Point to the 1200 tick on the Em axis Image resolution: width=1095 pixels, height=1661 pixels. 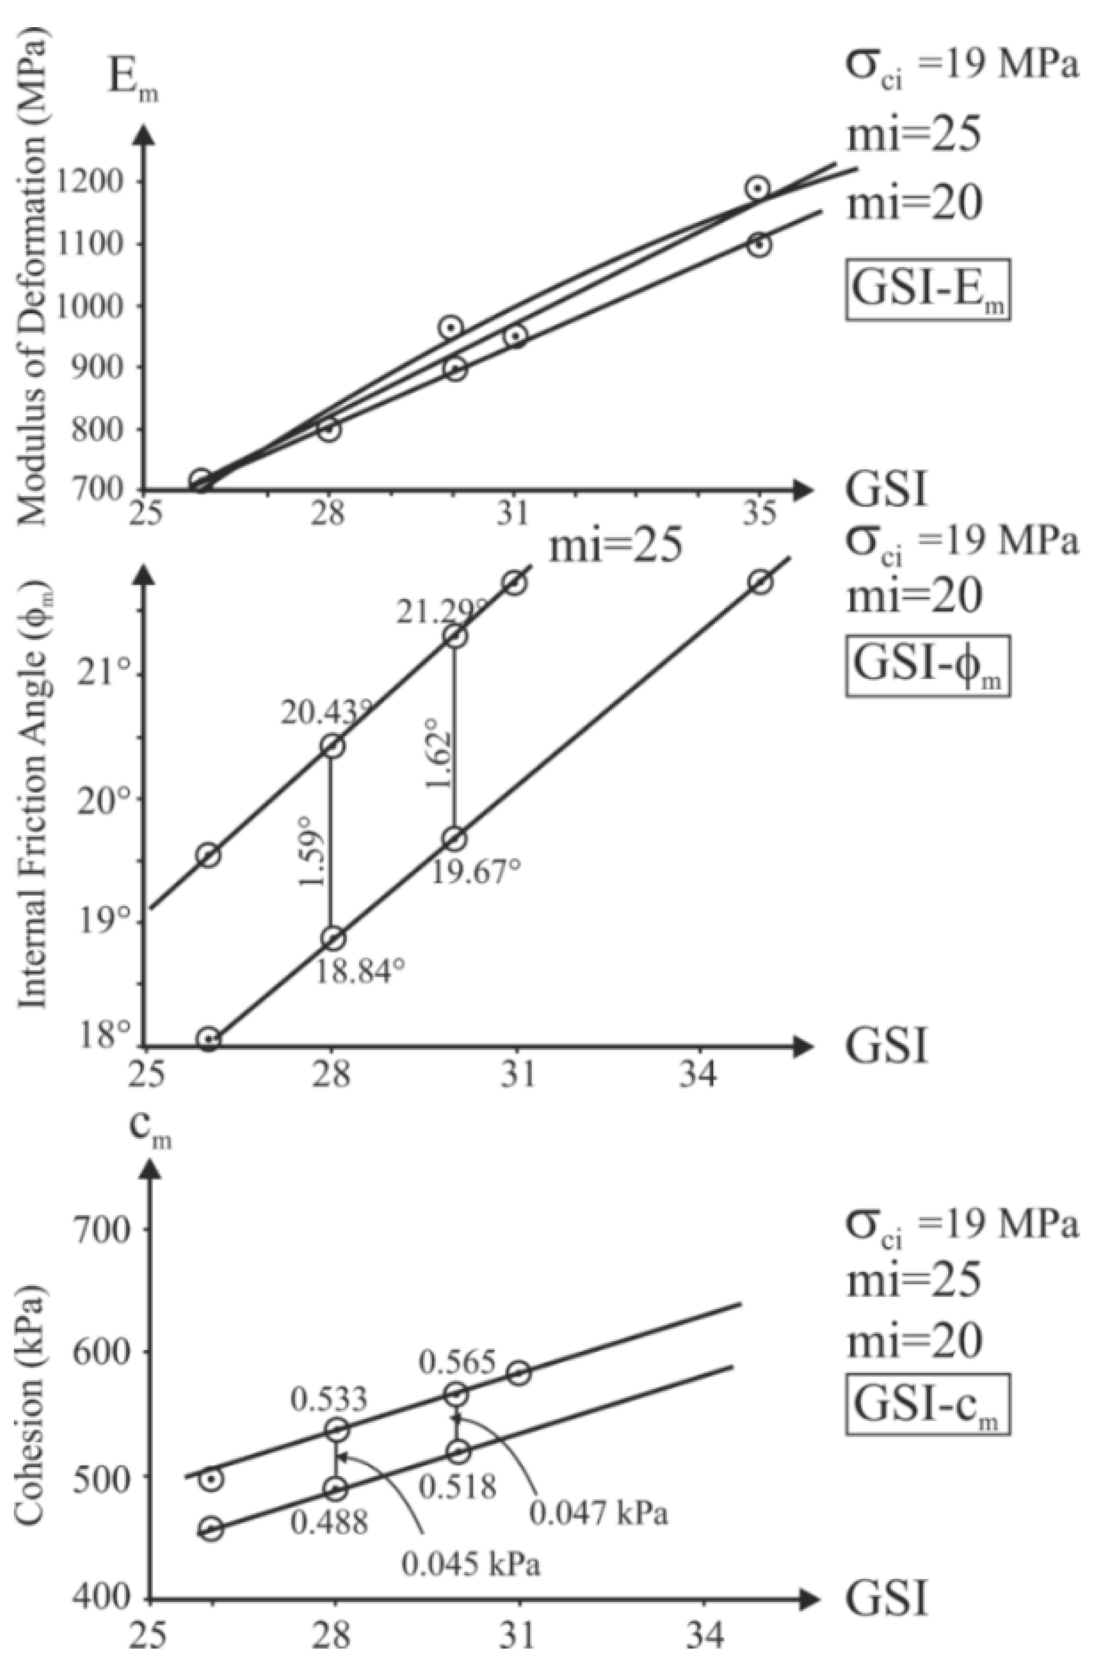pos(98,182)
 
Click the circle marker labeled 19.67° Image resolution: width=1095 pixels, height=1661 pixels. pos(455,839)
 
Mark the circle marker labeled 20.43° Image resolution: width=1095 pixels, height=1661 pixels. pos(334,746)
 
